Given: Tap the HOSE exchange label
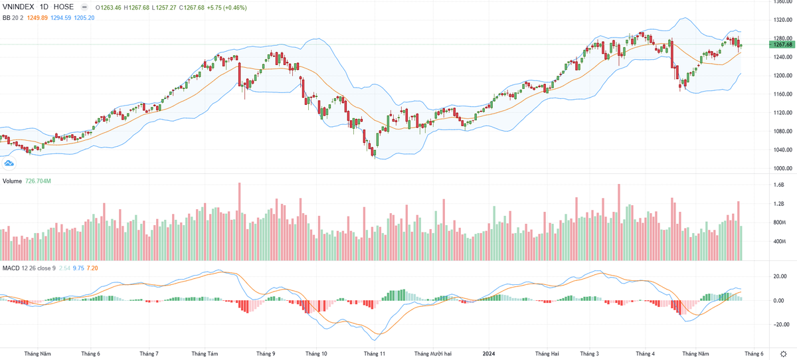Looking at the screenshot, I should point(64,7).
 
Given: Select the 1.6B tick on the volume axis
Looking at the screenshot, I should point(779,185).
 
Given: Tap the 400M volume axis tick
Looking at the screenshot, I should point(780,241).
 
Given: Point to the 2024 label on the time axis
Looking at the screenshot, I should point(489,354).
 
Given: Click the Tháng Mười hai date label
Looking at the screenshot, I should point(432,354).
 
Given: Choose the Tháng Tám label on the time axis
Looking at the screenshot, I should point(204,354).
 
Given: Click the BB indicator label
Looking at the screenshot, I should point(7,17).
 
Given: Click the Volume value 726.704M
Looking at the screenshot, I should point(39,181).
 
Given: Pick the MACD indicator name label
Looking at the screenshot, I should point(11,268).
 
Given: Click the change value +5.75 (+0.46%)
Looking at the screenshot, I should point(228,7).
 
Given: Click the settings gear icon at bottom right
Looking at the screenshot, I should point(783,354).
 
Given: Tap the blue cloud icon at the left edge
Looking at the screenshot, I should point(9,163).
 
